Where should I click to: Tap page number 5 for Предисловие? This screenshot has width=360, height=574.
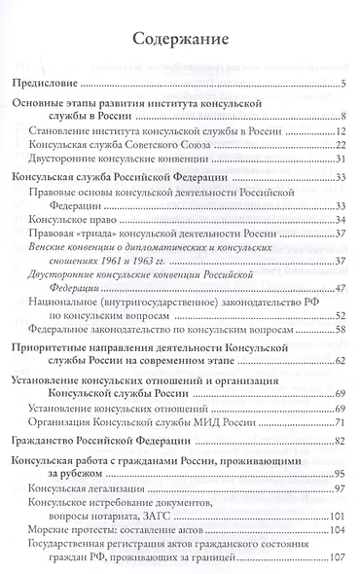(344, 86)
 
